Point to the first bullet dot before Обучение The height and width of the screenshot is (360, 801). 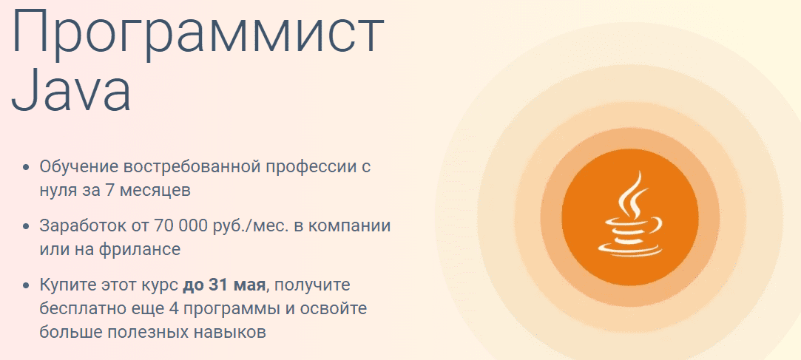(x=27, y=167)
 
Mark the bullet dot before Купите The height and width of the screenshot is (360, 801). (x=27, y=285)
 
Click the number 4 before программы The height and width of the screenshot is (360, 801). (x=199, y=308)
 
